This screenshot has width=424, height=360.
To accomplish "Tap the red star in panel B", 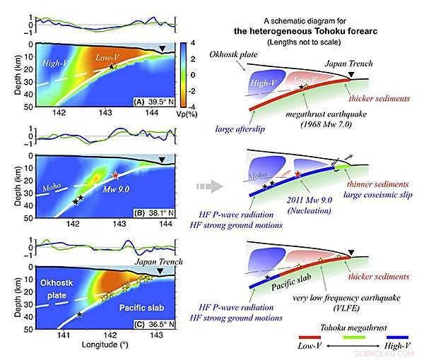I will coord(115,174).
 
